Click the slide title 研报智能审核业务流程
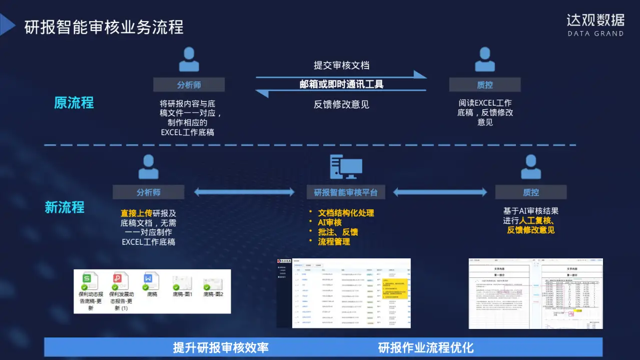[x=104, y=27]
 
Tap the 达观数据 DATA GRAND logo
[x=595, y=25]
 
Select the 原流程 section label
[x=74, y=103]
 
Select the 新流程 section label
[x=65, y=207]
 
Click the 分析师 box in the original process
[x=189, y=85]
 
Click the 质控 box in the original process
[x=484, y=85]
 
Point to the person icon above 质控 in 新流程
[x=531, y=167]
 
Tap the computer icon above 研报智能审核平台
[x=346, y=167]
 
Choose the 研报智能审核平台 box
[x=346, y=192]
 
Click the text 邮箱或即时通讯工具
[x=341, y=84]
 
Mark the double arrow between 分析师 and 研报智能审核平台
[x=244, y=192]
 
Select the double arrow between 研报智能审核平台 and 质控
[x=440, y=192]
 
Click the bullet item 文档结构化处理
[x=346, y=213]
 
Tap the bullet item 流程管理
[x=334, y=241]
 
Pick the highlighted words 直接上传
[x=136, y=213]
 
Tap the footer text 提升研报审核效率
[x=221, y=347]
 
